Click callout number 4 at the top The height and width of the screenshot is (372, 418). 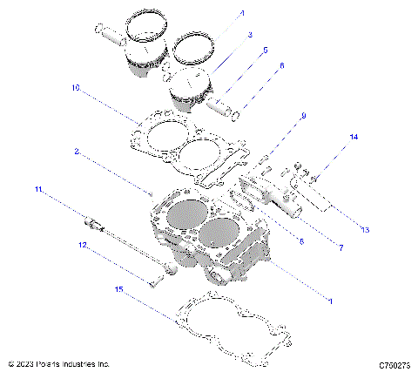click(x=242, y=13)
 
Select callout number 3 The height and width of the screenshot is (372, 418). click(x=249, y=34)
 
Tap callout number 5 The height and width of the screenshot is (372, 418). click(x=266, y=51)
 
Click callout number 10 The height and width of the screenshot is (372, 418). click(x=76, y=87)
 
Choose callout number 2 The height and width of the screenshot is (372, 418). click(x=77, y=151)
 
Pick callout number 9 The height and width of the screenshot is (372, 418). click(x=303, y=116)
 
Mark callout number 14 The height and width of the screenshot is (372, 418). click(x=354, y=138)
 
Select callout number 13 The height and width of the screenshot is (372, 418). click(x=365, y=230)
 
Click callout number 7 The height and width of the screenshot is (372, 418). click(x=340, y=247)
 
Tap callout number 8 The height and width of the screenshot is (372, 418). click(x=300, y=240)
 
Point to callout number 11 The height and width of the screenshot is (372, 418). click(x=37, y=189)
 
